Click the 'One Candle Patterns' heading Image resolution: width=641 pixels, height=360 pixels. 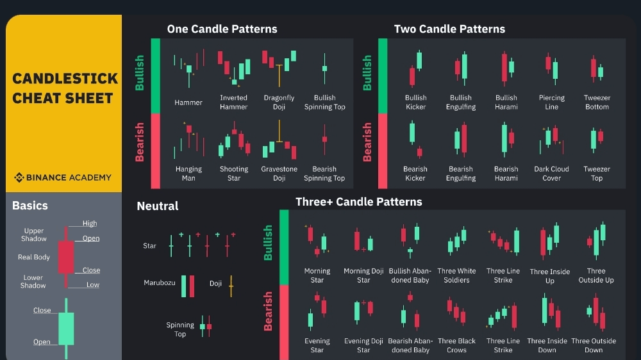(x=222, y=29)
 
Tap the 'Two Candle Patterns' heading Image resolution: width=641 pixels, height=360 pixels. (x=449, y=29)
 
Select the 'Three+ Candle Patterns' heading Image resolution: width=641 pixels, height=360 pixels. (x=358, y=202)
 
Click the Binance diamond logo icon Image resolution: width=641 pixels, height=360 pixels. (x=19, y=177)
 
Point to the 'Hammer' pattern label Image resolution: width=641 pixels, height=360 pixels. (x=188, y=102)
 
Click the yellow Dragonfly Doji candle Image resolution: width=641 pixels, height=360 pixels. (x=279, y=75)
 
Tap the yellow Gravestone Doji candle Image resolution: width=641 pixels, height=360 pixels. (x=279, y=131)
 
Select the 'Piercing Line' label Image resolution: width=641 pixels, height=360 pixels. (x=551, y=102)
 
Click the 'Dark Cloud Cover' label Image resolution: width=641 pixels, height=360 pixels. (x=551, y=173)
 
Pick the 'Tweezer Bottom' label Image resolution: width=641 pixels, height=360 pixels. (x=597, y=102)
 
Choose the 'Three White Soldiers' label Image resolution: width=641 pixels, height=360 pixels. (x=456, y=275)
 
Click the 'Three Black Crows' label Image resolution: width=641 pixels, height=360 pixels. (x=456, y=345)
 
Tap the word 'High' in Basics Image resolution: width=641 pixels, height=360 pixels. (x=90, y=223)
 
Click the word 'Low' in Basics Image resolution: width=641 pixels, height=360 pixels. (x=92, y=285)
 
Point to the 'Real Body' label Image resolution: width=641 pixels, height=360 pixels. (x=33, y=257)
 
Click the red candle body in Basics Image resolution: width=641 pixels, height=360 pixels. (x=66, y=257)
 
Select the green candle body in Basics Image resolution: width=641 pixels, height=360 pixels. (x=66, y=329)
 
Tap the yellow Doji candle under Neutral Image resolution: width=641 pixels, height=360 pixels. (x=231, y=286)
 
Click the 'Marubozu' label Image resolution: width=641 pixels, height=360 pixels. (x=160, y=282)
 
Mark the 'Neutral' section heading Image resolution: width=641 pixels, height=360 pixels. (x=158, y=206)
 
